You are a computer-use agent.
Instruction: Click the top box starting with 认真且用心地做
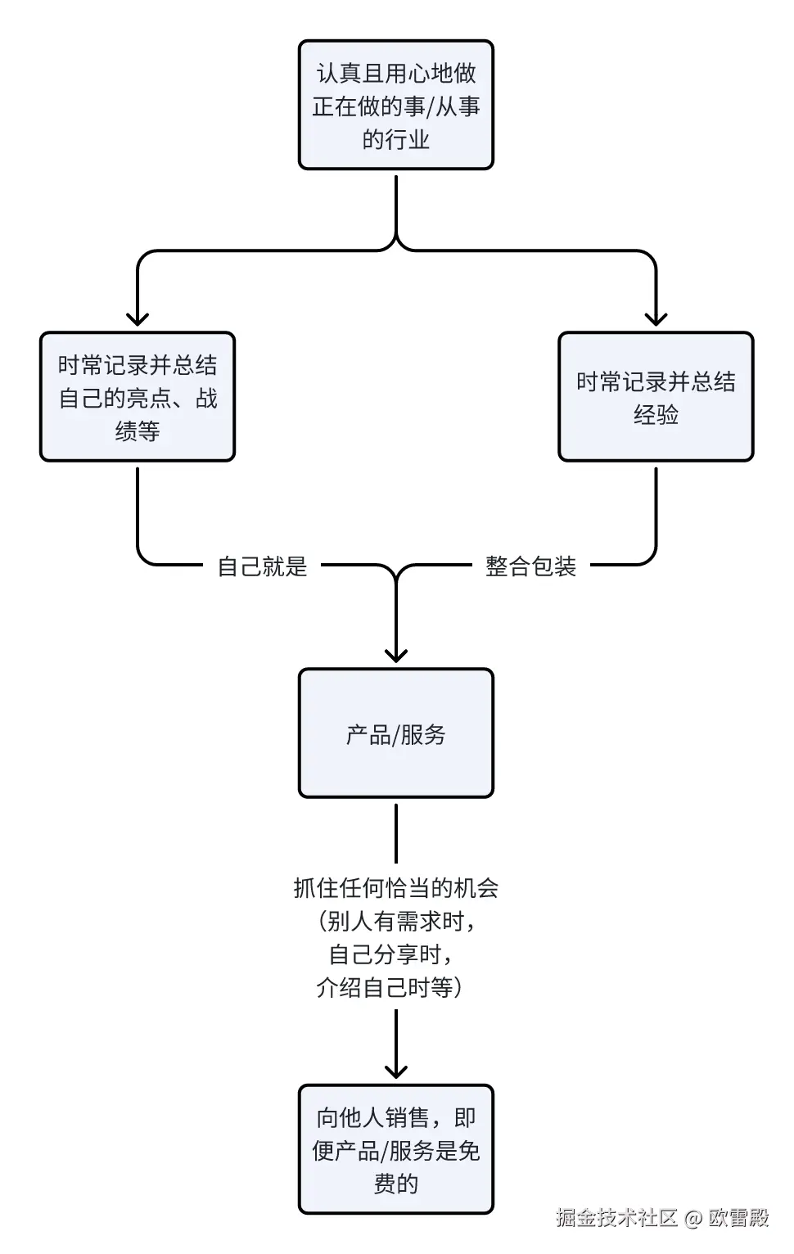395,105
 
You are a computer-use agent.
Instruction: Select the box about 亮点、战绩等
138,397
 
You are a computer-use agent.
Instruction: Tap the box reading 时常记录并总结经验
655,397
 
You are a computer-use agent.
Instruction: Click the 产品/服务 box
395,733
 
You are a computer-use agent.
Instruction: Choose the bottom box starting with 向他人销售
395,1149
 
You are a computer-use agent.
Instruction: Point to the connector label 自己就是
262,566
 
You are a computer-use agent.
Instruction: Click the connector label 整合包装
530,566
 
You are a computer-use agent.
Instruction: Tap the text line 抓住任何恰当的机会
395,888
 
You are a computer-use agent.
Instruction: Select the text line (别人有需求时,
395,922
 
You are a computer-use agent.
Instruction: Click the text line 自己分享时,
390,954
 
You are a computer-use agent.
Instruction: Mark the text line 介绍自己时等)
390,987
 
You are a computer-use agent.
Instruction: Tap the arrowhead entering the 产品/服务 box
395,655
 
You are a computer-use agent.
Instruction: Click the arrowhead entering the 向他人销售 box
395,1071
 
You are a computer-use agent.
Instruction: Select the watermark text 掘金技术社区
616,1218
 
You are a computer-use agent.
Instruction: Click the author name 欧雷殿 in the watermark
738,1218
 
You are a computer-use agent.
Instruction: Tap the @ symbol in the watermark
692,1219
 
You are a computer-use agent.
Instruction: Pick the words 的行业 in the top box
395,139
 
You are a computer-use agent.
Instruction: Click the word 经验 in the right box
656,414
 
